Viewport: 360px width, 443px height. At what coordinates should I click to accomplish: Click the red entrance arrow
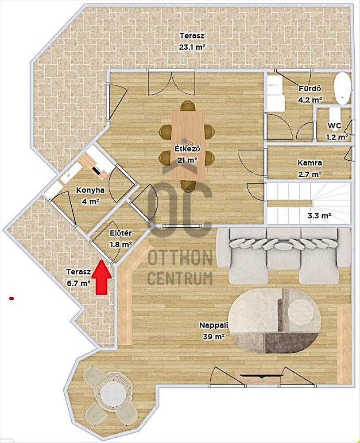pos(101,277)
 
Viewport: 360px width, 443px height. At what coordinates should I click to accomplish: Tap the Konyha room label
pos(90,190)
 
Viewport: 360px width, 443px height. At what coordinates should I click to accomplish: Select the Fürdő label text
pos(310,89)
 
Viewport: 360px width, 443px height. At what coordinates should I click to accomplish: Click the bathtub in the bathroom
pos(342,89)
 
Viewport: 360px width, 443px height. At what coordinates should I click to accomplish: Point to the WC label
pos(334,126)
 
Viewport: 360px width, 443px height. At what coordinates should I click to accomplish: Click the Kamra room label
pos(310,163)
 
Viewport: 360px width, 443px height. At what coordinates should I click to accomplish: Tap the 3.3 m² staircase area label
pos(319,216)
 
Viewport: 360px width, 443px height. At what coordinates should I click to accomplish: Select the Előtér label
pos(121,233)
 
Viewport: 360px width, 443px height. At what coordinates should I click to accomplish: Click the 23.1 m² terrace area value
pos(192,47)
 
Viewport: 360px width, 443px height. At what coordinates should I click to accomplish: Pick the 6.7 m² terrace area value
pos(78,283)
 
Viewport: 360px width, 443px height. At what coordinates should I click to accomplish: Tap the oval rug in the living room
pos(275,321)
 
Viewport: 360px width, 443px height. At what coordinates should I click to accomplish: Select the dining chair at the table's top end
pos(188,106)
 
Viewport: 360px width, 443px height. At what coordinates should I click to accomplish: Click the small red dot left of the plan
pos(12,298)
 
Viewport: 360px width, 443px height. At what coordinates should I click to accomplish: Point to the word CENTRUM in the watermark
pos(180,278)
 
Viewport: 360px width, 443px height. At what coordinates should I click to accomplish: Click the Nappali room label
pos(213,325)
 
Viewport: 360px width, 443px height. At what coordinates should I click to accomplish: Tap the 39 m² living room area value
pos(214,337)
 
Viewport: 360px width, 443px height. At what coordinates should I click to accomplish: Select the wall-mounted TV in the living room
pos(261,376)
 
